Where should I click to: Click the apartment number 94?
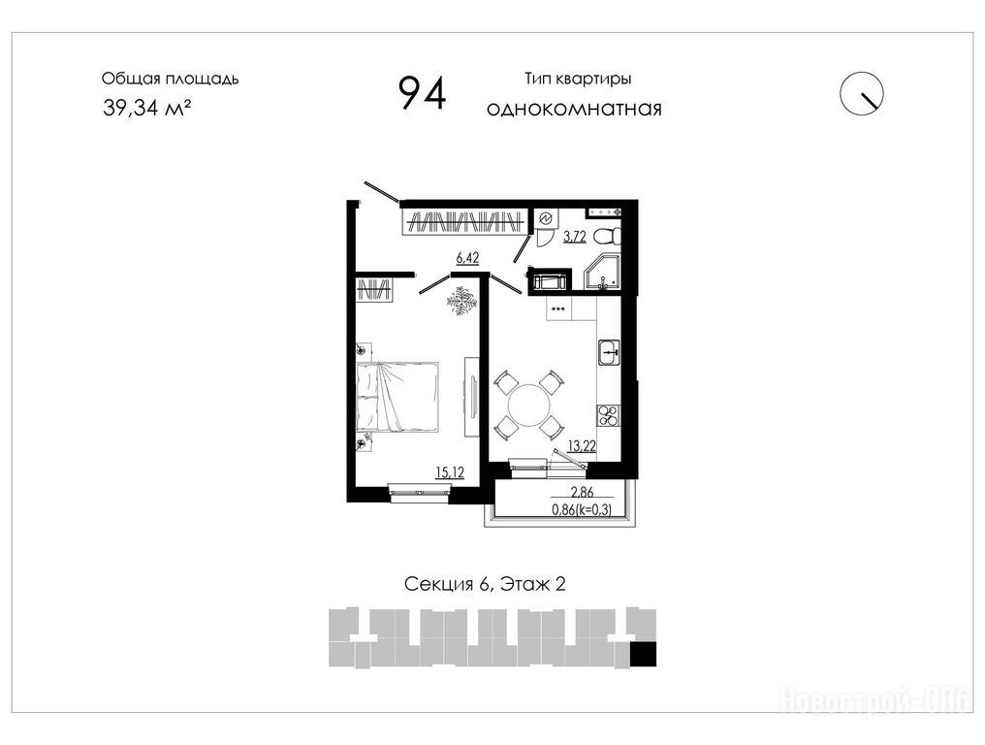[x=422, y=93]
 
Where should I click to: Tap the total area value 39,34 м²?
[x=147, y=108]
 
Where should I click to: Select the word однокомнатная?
[x=574, y=109]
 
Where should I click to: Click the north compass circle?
[x=862, y=94]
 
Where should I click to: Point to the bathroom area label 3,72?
[x=575, y=237]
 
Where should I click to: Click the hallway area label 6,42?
[x=467, y=258]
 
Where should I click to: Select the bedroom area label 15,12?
[x=450, y=472]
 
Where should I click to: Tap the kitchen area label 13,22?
[x=582, y=446]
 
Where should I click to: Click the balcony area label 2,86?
[x=583, y=492]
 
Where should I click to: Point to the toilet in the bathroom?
[x=608, y=237]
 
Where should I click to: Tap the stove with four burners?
[x=609, y=415]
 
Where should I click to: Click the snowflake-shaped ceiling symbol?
[x=462, y=300]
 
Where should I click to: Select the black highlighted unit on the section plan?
[x=643, y=654]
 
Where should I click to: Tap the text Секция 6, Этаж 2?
[x=485, y=584]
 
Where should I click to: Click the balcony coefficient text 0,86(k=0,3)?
[x=582, y=510]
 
